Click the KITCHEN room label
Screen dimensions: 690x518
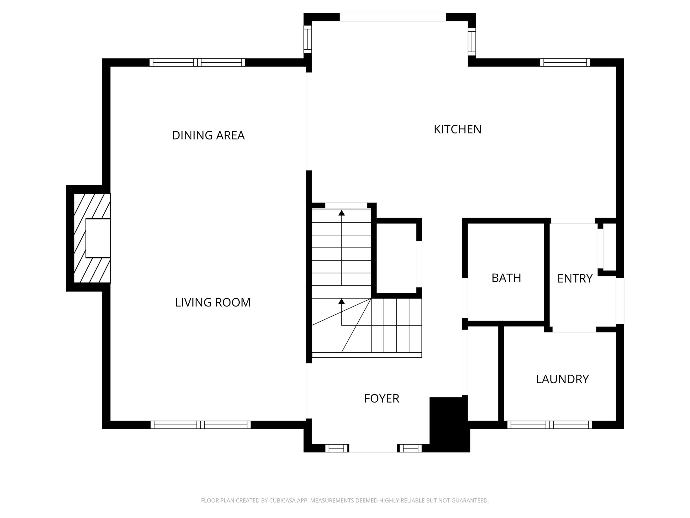pyautogui.click(x=458, y=129)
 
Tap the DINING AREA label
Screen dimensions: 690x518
pyautogui.click(x=208, y=135)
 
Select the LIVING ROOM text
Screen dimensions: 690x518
pyautogui.click(x=213, y=302)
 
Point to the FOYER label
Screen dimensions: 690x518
pyautogui.click(x=381, y=398)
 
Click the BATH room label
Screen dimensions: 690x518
pyautogui.click(x=506, y=278)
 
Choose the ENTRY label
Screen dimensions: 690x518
pyautogui.click(x=575, y=278)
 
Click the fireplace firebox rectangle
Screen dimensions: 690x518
pyautogui.click(x=98, y=238)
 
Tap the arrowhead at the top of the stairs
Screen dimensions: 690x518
pyautogui.click(x=341, y=213)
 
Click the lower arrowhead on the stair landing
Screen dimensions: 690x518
pyautogui.click(x=341, y=301)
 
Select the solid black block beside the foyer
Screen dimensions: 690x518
pyautogui.click(x=450, y=424)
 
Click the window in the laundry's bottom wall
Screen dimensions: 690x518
pyautogui.click(x=549, y=425)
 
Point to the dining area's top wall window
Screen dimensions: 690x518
pyautogui.click(x=198, y=62)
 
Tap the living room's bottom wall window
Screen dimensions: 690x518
pyautogui.click(x=201, y=425)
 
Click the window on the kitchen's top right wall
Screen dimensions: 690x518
pyautogui.click(x=565, y=62)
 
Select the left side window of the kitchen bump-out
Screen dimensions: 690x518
pyautogui.click(x=308, y=39)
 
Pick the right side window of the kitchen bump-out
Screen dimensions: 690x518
pyautogui.click(x=472, y=42)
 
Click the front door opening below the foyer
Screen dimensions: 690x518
pyautogui.click(x=373, y=448)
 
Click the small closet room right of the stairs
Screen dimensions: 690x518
pyautogui.click(x=396, y=258)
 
